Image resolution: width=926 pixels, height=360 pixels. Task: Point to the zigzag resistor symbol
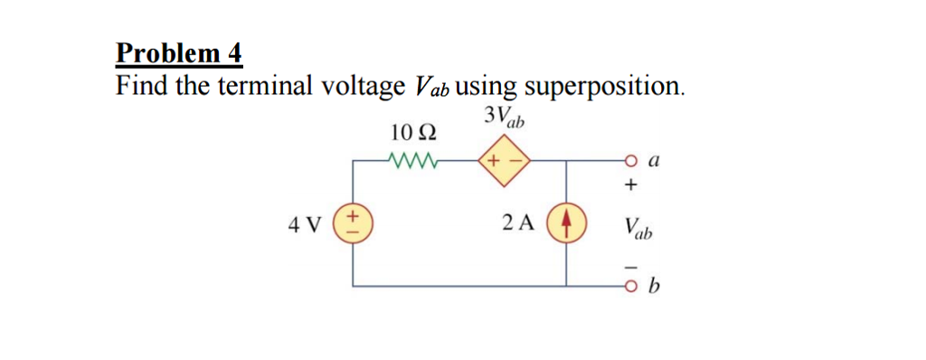pos(413,162)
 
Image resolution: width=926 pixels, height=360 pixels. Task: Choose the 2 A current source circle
pos(567,223)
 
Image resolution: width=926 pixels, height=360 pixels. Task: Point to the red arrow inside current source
pos(567,223)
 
